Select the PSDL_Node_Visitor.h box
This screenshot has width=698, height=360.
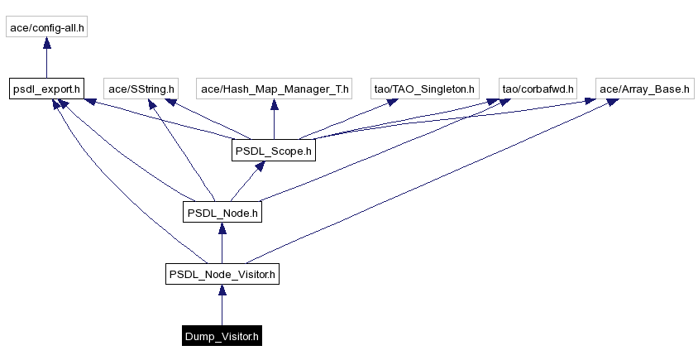[x=222, y=274]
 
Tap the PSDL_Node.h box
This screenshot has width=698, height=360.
[x=222, y=213]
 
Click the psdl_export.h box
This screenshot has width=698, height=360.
[x=46, y=88]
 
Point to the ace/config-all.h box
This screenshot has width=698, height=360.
[x=46, y=27]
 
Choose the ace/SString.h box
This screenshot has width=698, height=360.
[x=141, y=88]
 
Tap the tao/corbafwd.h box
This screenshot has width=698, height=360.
[x=538, y=88]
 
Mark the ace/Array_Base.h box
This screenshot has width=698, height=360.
[x=644, y=88]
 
